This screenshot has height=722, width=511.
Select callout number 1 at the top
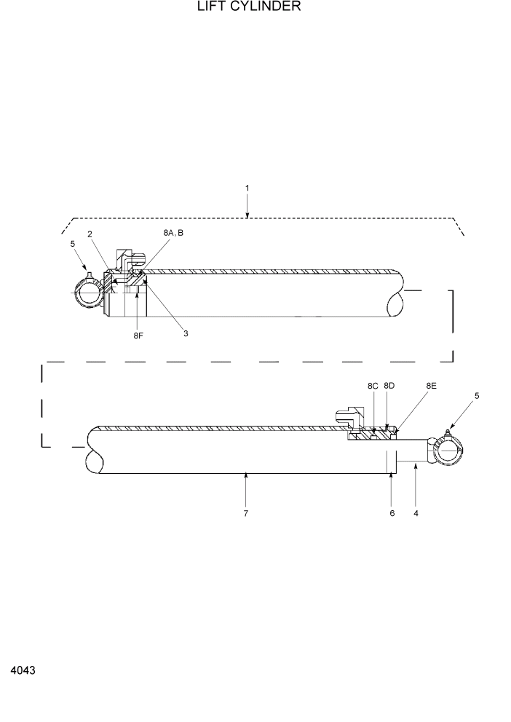tap(247, 188)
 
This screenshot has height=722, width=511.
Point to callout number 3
tap(186, 333)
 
